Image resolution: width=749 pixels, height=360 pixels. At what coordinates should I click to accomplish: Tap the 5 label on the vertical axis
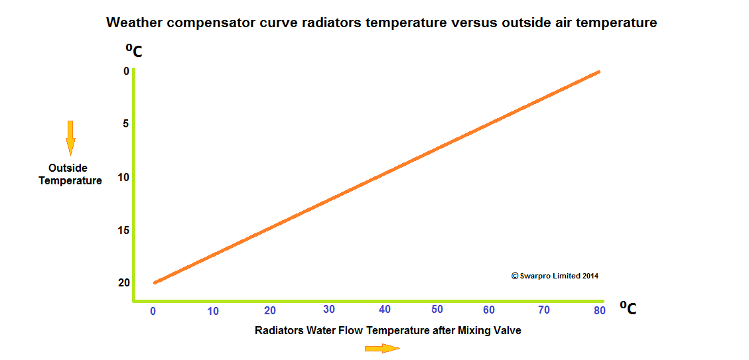126,124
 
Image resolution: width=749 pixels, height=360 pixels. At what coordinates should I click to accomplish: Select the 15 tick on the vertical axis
123,230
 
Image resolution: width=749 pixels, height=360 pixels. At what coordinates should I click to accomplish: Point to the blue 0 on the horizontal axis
153,311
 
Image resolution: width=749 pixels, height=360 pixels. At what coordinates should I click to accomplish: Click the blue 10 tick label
213,312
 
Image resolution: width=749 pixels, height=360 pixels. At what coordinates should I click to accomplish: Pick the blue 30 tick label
328,309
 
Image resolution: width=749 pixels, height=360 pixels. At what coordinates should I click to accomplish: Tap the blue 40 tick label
385,309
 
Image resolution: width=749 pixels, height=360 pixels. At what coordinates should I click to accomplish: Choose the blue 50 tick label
437,309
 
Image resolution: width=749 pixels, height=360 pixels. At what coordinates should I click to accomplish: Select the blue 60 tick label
489,310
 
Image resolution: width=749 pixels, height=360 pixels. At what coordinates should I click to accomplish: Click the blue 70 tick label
544,310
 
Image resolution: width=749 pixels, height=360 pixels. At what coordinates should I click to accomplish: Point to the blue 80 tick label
600,310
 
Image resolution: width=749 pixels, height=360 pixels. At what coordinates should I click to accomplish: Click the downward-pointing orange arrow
70,138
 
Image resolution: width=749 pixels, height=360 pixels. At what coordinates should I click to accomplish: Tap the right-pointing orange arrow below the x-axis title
382,348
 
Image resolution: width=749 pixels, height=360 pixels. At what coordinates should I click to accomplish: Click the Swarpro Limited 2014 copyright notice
555,276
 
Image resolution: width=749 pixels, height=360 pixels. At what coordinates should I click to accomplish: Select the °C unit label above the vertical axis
134,50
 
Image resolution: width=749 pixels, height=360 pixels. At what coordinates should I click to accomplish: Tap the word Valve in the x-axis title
507,330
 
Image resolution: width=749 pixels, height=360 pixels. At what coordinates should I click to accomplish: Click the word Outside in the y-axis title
68,168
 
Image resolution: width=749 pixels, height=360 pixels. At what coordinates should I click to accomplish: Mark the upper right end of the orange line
598,72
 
